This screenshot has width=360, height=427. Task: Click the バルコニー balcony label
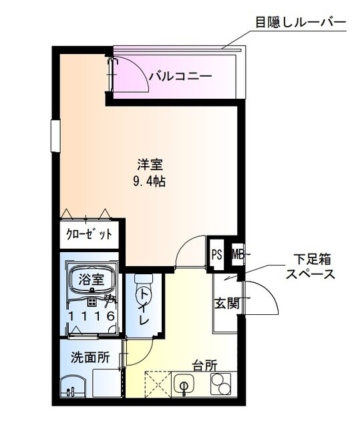point(180,76)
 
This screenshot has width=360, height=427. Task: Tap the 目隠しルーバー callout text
point(300,21)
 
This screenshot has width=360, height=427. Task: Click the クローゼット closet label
point(88,234)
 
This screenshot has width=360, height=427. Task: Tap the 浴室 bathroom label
point(92,280)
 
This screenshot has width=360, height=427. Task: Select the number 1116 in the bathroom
point(92,316)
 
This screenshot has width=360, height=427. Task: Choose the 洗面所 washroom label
point(90,357)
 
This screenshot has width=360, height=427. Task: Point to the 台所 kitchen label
point(204,366)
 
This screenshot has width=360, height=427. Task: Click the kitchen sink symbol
point(184,385)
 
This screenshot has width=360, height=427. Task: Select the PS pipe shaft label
point(216,254)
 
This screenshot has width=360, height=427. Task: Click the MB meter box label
point(236,254)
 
